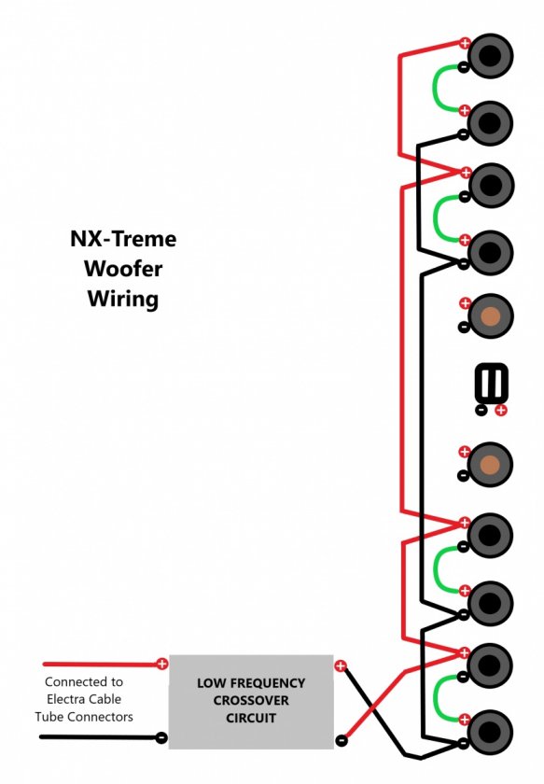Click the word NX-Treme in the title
[x=123, y=239]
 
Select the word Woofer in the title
[x=123, y=269]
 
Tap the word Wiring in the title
[x=123, y=299]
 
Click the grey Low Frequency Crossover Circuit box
[x=251, y=702]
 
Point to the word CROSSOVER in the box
[x=251, y=701]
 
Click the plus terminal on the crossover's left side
[x=162, y=664]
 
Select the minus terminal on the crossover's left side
[x=161, y=737]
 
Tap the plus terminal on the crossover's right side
[x=341, y=665]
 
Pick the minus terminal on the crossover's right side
[x=341, y=739]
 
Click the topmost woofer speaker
[x=490, y=55]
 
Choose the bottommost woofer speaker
[x=490, y=733]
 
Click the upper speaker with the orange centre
[x=490, y=316]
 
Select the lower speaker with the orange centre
[x=490, y=465]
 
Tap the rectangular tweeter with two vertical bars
[x=492, y=383]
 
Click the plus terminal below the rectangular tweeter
[x=500, y=411]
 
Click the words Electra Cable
[x=84, y=699]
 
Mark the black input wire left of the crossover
[x=98, y=737]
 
